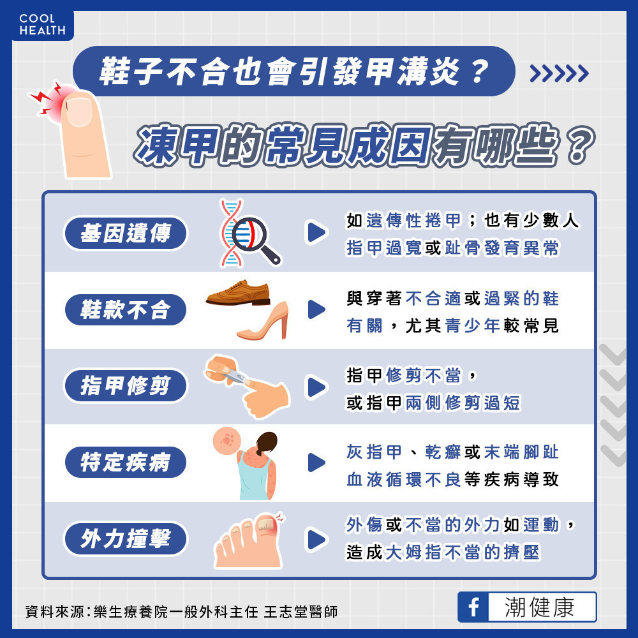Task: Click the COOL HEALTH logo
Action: point(42,24)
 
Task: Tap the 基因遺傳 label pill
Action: point(125,233)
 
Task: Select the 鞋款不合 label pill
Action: point(125,309)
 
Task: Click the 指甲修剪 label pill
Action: point(125,385)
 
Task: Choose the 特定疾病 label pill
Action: point(125,462)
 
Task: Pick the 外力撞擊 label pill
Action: point(125,538)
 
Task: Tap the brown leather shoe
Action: point(239,293)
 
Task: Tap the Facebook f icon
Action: point(473,607)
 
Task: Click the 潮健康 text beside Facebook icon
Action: point(540,607)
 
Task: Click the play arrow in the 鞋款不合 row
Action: point(317,309)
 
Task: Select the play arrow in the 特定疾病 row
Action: point(317,463)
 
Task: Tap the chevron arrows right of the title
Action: point(559,73)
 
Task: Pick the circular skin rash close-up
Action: point(226,440)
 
